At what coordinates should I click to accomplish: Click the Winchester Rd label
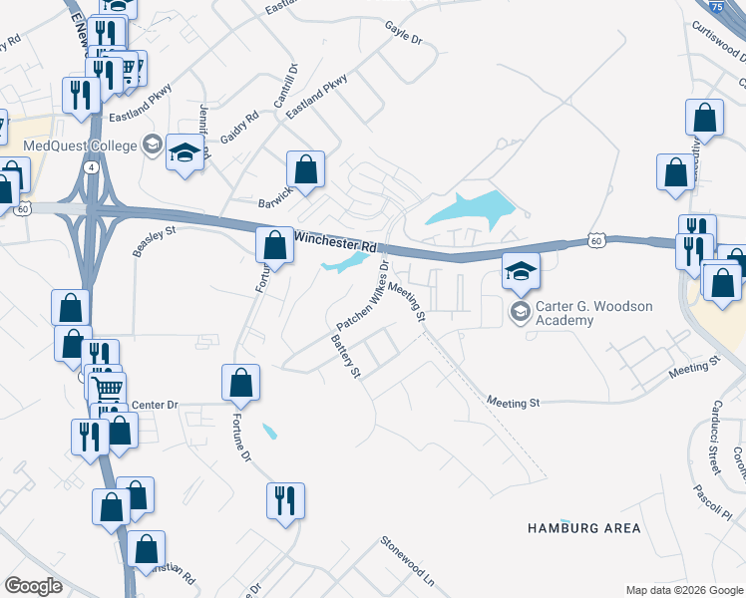coord(335,242)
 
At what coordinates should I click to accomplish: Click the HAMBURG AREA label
coord(583,527)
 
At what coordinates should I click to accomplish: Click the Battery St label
coord(345,356)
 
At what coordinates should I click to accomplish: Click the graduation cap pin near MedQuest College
coord(185,153)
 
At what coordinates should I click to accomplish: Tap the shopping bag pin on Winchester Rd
coord(274,245)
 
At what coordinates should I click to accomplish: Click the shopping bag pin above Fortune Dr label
coord(240,383)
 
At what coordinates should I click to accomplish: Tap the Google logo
coord(33,586)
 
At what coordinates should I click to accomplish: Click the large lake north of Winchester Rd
coord(469,209)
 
